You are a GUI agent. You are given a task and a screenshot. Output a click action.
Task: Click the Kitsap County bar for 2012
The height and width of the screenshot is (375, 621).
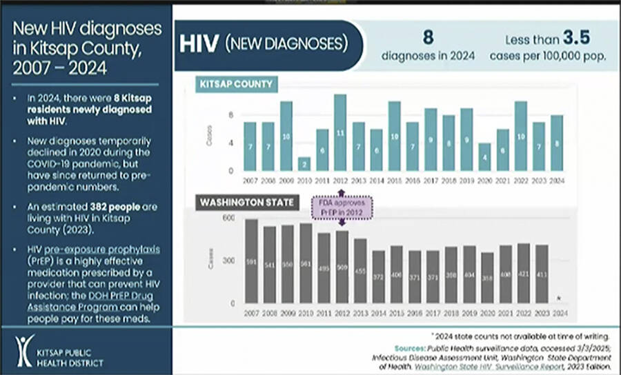[x=339, y=132]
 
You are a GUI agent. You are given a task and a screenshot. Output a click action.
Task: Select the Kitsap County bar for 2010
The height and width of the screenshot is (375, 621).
[x=304, y=163]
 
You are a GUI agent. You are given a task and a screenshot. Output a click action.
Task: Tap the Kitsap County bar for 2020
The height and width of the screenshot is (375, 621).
[x=484, y=156]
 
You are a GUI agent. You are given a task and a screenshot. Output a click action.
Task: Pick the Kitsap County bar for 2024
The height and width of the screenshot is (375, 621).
[x=556, y=143]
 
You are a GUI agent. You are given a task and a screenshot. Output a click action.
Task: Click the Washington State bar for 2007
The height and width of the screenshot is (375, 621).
[x=250, y=261]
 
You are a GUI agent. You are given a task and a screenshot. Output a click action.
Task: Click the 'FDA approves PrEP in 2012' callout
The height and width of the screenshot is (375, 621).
[x=343, y=207]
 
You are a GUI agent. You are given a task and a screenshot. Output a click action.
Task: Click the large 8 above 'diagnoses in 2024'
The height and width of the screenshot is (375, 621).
[x=428, y=37]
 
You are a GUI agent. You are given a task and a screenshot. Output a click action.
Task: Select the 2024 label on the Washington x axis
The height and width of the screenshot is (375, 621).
[x=560, y=313]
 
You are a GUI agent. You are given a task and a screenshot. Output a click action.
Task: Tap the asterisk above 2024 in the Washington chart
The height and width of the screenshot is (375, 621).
[x=559, y=298]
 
